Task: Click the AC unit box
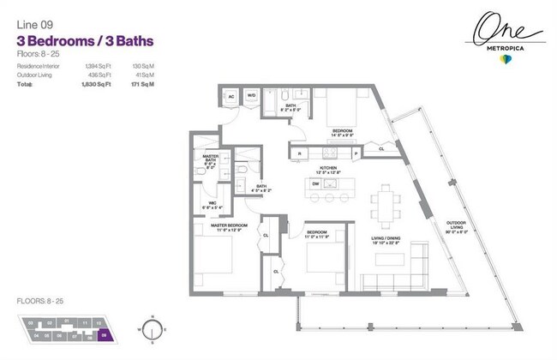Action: (x=231, y=96)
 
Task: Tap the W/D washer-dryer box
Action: (x=252, y=96)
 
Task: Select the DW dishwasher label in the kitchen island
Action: (x=316, y=183)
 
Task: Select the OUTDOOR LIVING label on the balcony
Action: (x=456, y=228)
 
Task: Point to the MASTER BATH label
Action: (x=210, y=159)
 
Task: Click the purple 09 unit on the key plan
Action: (x=104, y=336)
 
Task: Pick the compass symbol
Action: (x=152, y=327)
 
